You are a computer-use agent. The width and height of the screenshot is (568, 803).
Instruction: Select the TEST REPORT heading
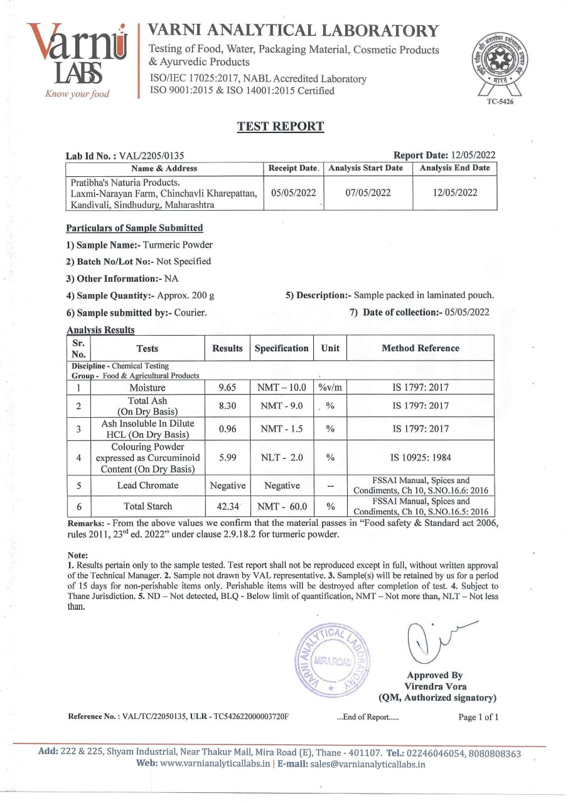[281, 127]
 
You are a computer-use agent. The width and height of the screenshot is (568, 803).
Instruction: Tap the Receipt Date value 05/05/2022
[293, 193]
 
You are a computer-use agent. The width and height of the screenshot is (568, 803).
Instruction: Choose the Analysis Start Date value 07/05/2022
[368, 193]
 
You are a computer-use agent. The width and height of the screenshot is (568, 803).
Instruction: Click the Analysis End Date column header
[454, 168]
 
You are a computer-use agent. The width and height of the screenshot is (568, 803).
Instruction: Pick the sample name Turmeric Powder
[178, 245]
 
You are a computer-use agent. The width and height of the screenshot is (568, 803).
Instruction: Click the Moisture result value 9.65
[227, 388]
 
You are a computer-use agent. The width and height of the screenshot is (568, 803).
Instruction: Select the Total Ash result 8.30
[227, 406]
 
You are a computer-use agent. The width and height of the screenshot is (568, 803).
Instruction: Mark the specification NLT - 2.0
[282, 458]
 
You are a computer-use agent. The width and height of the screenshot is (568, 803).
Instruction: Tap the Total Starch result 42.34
[227, 506]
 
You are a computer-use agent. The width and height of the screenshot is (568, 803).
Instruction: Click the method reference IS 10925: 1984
[421, 458]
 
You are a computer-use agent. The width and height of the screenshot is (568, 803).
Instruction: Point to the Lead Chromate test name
[147, 486]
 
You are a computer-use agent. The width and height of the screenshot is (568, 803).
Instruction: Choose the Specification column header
[282, 348]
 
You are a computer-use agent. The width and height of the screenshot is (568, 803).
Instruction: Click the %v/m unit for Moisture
[330, 388]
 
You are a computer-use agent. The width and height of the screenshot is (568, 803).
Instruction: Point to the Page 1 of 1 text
[478, 717]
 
